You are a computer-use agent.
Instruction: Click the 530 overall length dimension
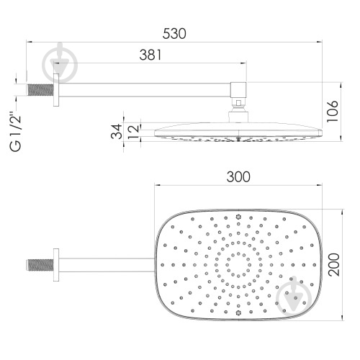pos(174,34)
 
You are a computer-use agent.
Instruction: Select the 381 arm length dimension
pos(150,55)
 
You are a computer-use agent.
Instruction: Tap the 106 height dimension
pos(333,111)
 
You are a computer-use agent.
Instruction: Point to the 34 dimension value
pos(117,131)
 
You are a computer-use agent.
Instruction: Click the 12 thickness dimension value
pos(134,132)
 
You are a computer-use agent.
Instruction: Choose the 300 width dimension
pos(238,177)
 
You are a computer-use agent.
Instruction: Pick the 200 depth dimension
pos(334,264)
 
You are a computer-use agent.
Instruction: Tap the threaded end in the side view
pos(40,90)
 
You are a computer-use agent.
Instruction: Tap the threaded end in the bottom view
pos(40,265)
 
